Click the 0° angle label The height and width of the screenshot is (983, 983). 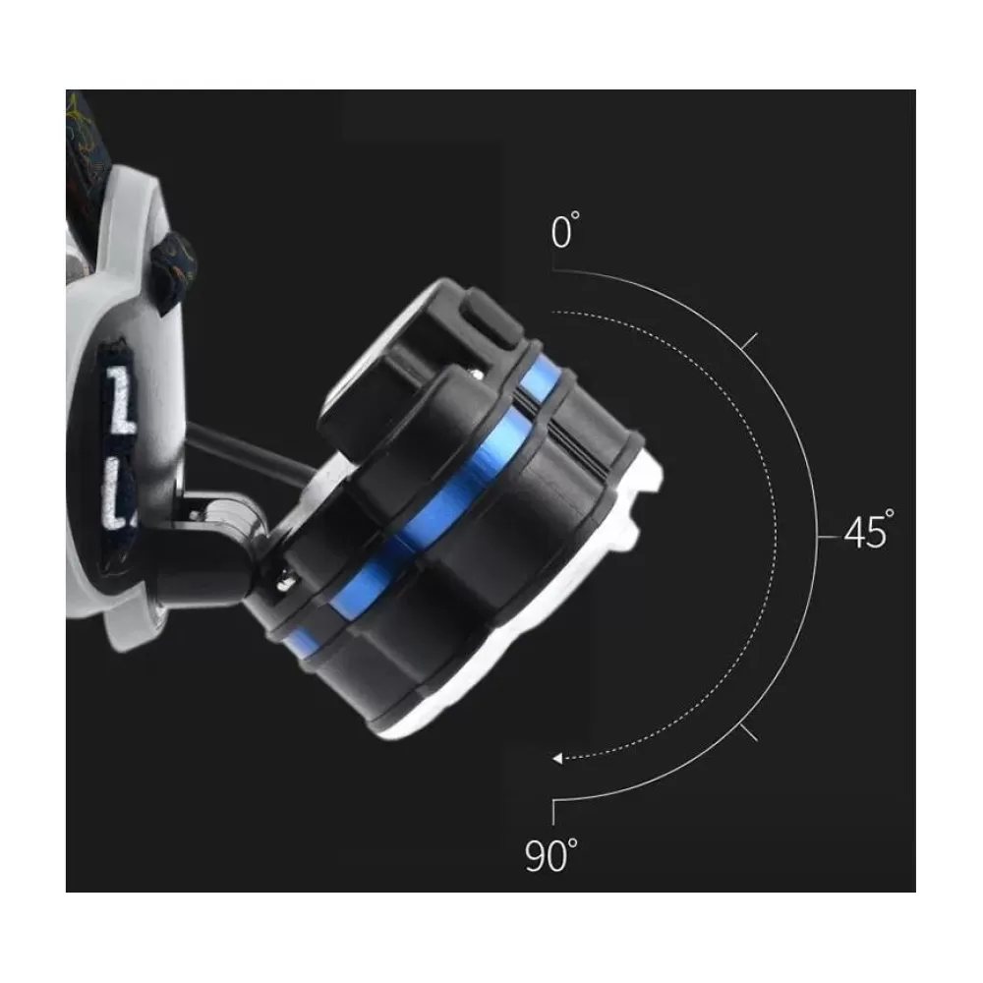(x=565, y=231)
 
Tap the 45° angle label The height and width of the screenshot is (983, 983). (x=869, y=531)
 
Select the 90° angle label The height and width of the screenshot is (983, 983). (x=551, y=855)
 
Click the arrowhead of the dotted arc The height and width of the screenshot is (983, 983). (x=557, y=759)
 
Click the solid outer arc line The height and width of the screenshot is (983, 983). (x=818, y=537)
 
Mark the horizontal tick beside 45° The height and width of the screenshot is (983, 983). (x=829, y=538)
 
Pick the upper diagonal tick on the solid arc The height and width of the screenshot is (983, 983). (x=749, y=341)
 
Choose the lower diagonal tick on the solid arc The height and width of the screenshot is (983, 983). (x=748, y=732)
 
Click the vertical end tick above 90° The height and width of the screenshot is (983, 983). (x=552, y=813)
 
